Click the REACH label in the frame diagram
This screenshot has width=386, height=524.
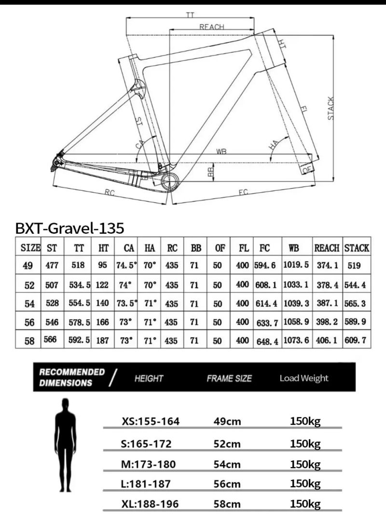click(212, 27)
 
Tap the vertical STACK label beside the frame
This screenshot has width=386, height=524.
click(331, 108)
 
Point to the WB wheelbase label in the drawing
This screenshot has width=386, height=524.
click(221, 151)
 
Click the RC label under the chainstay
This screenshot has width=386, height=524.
click(110, 192)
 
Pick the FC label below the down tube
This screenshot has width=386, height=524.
click(243, 192)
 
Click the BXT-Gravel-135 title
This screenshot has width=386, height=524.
click(69, 228)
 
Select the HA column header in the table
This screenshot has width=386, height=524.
click(150, 248)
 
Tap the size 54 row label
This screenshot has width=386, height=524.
click(29, 304)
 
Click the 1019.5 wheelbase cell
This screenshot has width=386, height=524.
click(296, 265)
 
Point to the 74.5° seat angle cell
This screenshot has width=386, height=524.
click(126, 265)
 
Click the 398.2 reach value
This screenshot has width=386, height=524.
click(328, 322)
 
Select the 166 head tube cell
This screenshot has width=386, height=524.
click(102, 322)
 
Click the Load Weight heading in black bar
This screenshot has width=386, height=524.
click(303, 378)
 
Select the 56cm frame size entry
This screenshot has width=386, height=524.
click(227, 484)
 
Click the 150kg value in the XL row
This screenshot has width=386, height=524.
click(305, 504)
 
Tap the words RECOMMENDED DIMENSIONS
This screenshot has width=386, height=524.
click(71, 377)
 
